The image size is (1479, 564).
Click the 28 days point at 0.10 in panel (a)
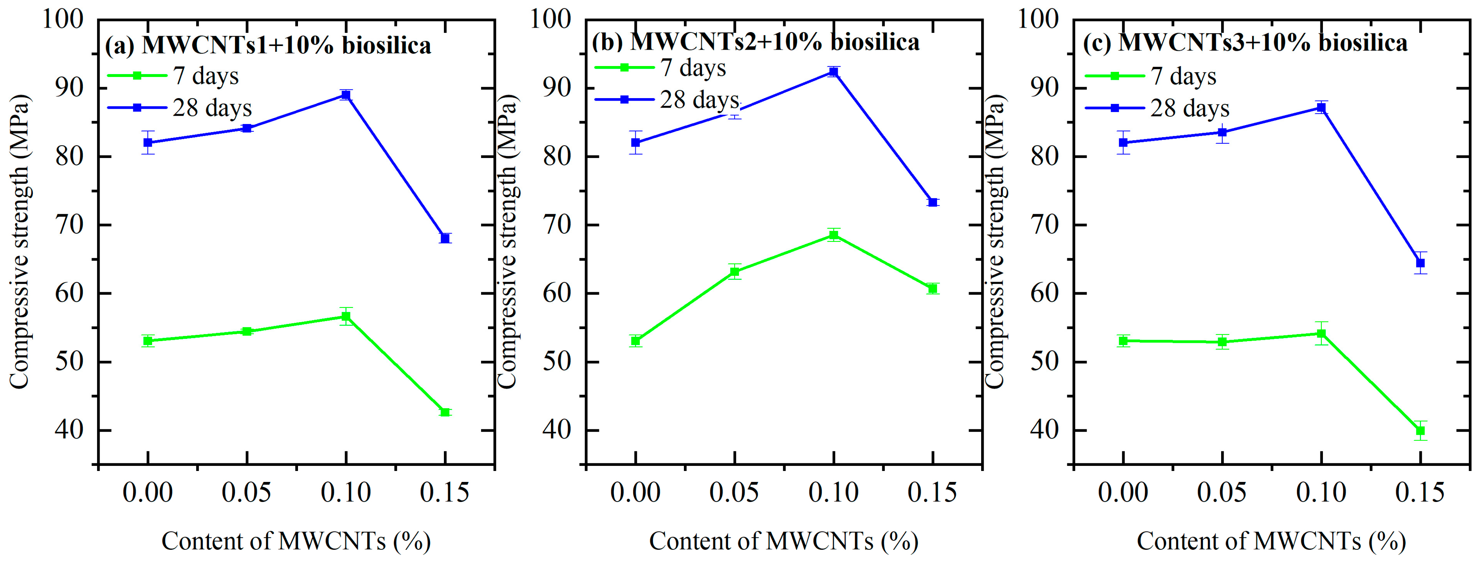(x=346, y=95)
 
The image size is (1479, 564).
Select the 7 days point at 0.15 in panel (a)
(x=445, y=412)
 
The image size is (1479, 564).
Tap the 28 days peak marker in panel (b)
(x=834, y=71)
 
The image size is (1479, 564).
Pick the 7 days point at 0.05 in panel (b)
(x=734, y=272)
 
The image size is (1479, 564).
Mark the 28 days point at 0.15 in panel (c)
(x=1420, y=263)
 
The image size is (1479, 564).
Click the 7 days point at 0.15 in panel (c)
(x=1420, y=431)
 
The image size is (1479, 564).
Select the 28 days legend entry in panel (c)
(x=1157, y=108)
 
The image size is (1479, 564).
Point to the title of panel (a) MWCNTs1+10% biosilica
(x=268, y=45)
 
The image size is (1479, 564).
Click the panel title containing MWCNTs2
(x=756, y=42)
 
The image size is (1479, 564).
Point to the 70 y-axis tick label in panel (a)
(x=69, y=225)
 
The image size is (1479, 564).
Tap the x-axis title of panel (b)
(x=784, y=541)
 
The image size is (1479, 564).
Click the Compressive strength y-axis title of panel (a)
(x=20, y=241)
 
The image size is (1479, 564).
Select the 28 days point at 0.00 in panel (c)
(x=1124, y=142)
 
